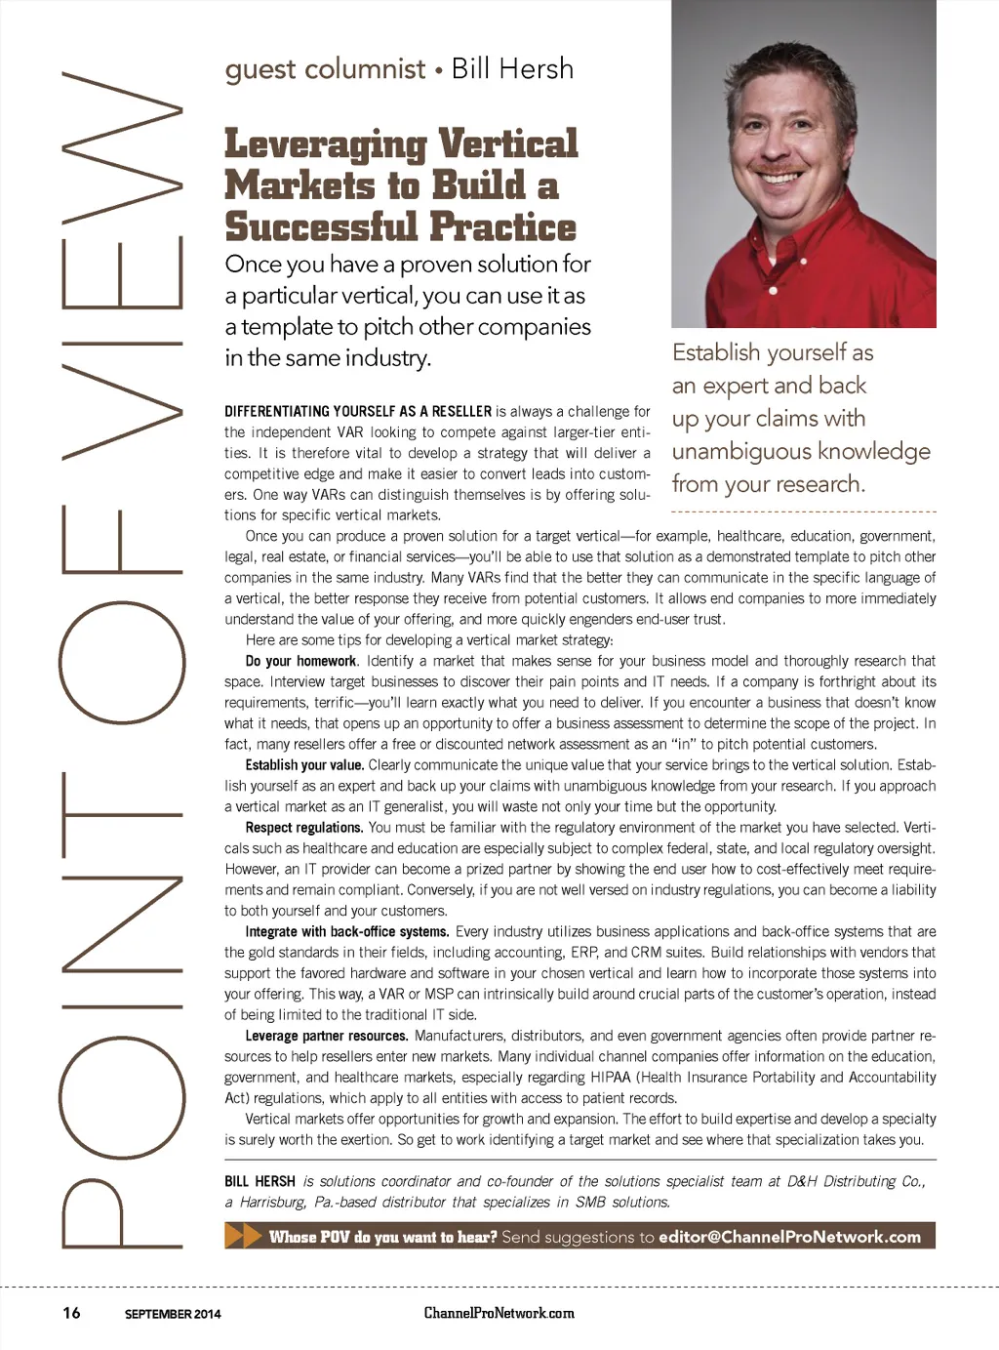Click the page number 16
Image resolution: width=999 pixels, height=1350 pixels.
click(x=71, y=1312)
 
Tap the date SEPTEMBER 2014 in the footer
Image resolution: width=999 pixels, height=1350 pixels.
click(x=173, y=1314)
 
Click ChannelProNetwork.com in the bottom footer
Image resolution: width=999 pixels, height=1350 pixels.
click(x=499, y=1313)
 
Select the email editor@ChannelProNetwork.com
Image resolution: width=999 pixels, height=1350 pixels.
click(x=789, y=1237)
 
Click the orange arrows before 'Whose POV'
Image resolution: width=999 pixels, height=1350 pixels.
click(x=243, y=1236)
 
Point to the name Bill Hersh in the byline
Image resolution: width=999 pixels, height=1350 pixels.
click(x=512, y=68)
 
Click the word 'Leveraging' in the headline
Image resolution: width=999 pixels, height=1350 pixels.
click(x=325, y=144)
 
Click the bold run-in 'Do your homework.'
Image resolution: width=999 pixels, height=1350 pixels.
click(x=300, y=661)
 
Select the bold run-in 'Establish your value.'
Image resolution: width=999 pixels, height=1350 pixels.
click(x=304, y=765)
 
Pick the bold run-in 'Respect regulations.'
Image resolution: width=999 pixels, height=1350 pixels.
click(x=303, y=828)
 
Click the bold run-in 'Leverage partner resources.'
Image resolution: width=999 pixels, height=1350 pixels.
click(x=326, y=1036)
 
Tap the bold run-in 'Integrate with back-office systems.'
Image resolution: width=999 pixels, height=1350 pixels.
click(x=346, y=932)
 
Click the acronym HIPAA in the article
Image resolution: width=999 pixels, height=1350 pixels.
click(x=610, y=1078)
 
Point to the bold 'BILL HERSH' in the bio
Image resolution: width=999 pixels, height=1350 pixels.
click(x=260, y=1181)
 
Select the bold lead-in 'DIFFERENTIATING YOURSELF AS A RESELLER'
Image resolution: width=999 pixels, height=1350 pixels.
click(x=357, y=412)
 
